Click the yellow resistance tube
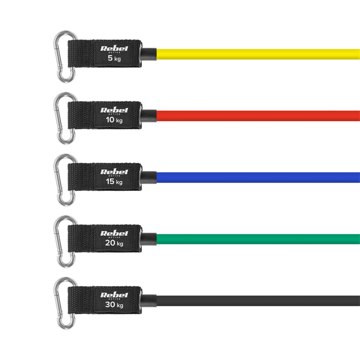click(x=258, y=54)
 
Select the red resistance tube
click(x=258, y=116)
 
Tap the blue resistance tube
click(x=258, y=177)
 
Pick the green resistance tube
click(x=258, y=239)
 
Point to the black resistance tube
click(x=258, y=301)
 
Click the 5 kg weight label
click(x=114, y=58)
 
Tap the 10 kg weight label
click(x=114, y=120)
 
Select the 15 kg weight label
click(x=114, y=182)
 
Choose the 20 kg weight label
click(x=114, y=243)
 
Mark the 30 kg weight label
click(x=114, y=305)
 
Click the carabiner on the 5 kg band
click(x=65, y=57)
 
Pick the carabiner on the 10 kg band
click(x=65, y=118)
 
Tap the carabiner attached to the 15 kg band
click(x=65, y=180)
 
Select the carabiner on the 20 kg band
click(x=65, y=242)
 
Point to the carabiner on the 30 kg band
click(x=65, y=303)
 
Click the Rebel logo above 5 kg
click(x=114, y=49)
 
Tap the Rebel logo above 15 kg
click(x=114, y=172)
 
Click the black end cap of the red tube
click(x=148, y=116)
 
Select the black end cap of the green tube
click(x=148, y=239)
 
